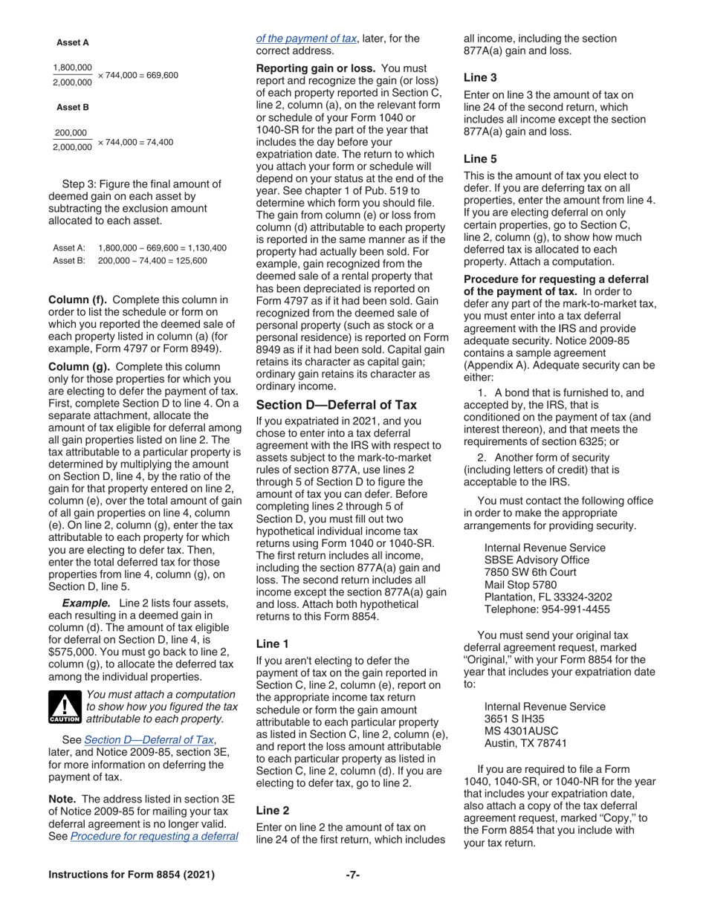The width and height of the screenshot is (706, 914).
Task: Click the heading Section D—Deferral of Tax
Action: [336, 405]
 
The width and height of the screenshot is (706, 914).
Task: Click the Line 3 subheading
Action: [480, 77]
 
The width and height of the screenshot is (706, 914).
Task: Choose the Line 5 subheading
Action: [480, 158]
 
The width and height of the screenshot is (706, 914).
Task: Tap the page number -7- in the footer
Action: [353, 875]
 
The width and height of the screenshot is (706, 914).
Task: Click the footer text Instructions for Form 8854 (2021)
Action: [132, 875]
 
